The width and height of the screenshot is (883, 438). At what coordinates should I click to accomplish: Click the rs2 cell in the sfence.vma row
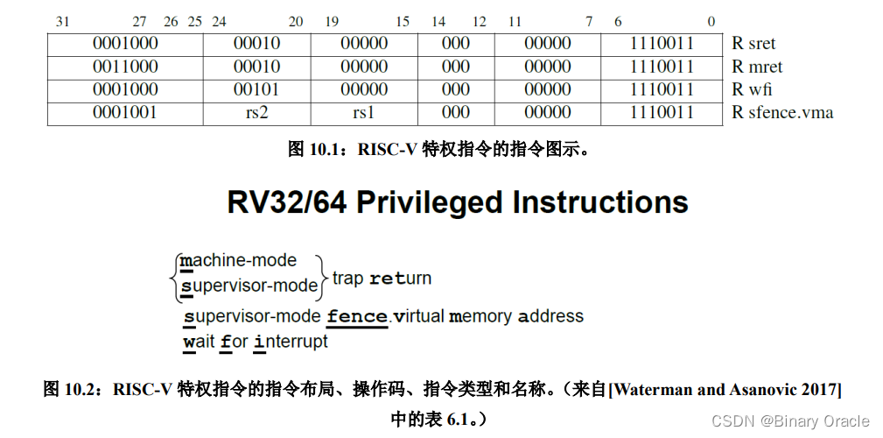(x=256, y=112)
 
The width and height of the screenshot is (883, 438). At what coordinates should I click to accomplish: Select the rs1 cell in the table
(x=364, y=112)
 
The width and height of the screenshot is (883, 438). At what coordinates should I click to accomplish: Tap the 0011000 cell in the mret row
(x=125, y=67)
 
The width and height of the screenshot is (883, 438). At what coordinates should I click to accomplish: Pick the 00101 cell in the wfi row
(x=256, y=89)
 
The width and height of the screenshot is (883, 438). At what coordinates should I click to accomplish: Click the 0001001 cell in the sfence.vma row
(x=125, y=112)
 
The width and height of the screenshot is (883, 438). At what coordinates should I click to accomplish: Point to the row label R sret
(x=753, y=44)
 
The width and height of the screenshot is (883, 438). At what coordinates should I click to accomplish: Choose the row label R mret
(x=757, y=67)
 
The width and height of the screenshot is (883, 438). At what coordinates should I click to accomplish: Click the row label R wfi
(x=752, y=89)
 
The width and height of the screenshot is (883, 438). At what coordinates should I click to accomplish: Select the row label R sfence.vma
(x=782, y=112)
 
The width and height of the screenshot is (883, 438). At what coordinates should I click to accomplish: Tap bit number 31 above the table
(x=63, y=22)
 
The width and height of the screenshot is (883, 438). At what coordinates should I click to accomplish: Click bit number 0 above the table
(x=711, y=22)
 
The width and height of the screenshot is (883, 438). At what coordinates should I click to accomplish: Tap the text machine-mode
(x=238, y=261)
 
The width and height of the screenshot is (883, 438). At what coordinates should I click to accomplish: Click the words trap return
(x=382, y=279)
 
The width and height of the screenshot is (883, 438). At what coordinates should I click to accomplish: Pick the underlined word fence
(x=357, y=316)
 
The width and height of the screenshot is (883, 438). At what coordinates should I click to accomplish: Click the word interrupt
(x=291, y=342)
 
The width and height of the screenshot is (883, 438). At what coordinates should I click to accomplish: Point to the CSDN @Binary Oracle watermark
(x=790, y=421)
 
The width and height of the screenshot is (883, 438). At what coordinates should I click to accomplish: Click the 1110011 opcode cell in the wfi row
(x=662, y=89)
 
